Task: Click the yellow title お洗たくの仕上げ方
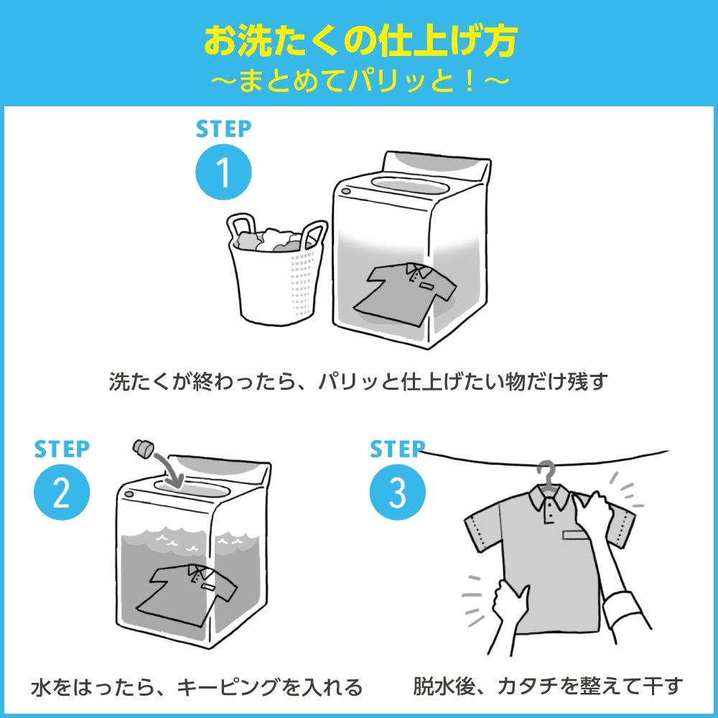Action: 359,42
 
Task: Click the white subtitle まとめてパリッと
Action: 359,80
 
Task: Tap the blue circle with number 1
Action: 224,173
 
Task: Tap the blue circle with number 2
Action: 62,493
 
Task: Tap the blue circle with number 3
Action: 397,493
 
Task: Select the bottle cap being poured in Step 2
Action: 143,449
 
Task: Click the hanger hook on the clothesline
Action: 549,471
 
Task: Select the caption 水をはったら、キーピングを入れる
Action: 197,687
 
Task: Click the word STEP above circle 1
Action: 224,129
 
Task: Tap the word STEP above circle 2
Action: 62,449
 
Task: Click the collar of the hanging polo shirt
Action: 549,499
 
